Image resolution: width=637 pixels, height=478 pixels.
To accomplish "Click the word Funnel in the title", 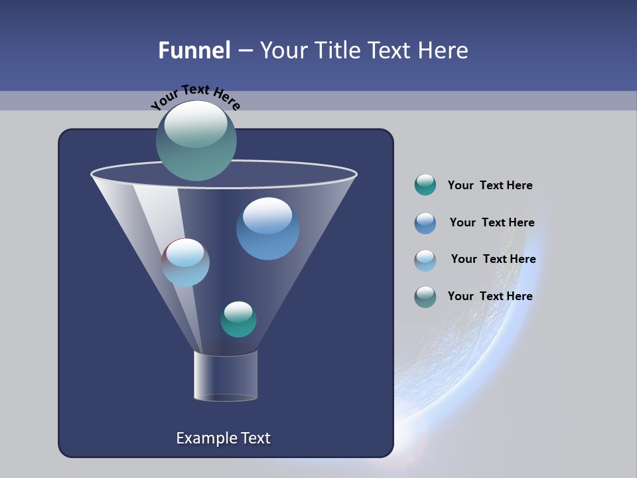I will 194,50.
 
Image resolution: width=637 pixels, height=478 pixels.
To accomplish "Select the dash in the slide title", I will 245,50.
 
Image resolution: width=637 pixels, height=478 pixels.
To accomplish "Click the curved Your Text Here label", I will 195,97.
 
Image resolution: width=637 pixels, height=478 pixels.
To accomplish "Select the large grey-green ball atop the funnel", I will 196,141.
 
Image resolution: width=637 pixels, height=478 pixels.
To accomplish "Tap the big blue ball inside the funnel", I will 268,228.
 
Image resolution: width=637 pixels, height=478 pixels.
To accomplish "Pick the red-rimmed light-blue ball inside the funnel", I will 186,262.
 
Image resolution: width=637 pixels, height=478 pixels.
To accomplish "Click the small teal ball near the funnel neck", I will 238,319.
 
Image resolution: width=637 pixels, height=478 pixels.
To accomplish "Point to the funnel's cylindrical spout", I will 226,376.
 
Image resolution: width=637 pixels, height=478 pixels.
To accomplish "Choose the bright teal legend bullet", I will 425,185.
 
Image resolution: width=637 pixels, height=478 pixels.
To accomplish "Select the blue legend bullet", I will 425,223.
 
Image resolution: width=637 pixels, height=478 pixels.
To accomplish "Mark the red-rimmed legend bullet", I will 425,260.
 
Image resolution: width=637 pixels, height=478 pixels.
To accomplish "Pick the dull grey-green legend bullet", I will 425,297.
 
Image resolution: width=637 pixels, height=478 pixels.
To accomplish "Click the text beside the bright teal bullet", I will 490,185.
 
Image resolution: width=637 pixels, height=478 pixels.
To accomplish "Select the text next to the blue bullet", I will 492,222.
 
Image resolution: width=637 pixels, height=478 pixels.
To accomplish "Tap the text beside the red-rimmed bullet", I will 493,259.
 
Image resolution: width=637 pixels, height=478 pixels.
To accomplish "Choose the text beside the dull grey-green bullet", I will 490,296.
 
